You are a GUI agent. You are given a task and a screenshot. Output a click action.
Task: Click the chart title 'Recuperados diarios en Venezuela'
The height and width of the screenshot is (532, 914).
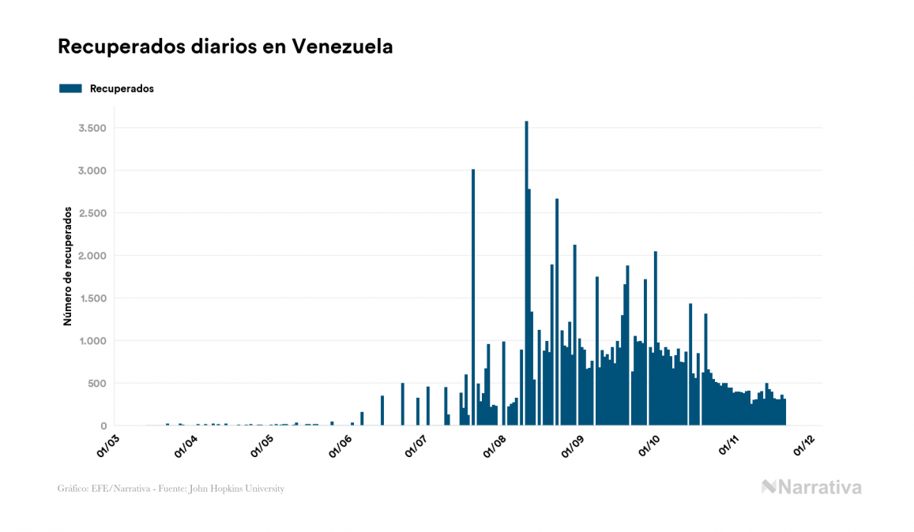[225, 47]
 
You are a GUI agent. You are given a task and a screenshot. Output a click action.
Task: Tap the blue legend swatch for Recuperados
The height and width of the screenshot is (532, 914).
[70, 88]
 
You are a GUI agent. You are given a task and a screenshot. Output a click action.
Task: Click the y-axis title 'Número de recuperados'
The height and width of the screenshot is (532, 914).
[68, 267]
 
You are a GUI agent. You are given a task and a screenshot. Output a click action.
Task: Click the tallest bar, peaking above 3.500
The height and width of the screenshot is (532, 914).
[526, 276]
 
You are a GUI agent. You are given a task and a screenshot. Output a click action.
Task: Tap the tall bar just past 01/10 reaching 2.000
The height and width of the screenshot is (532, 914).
[656, 339]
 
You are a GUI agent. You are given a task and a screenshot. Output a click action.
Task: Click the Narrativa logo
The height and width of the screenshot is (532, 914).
[811, 487]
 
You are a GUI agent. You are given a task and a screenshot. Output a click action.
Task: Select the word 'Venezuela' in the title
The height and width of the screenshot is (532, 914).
[342, 47]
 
